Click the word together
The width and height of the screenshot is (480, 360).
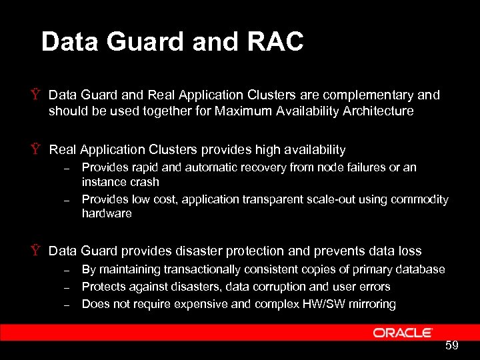point(170,111)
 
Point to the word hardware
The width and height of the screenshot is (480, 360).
point(107,213)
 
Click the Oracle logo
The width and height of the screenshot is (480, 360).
point(403,333)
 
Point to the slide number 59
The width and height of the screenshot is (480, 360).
point(452,346)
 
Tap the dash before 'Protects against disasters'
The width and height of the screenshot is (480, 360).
point(67,287)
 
